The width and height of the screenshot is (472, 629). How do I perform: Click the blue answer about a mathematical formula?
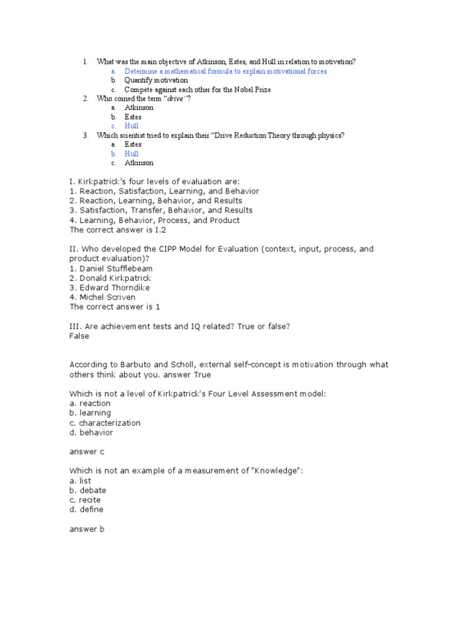(x=225, y=71)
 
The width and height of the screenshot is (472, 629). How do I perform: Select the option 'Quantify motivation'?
(x=156, y=80)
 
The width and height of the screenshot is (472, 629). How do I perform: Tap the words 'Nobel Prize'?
(x=233, y=90)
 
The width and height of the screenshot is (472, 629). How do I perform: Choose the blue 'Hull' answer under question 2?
(x=132, y=126)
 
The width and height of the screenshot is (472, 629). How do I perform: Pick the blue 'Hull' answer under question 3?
(x=132, y=154)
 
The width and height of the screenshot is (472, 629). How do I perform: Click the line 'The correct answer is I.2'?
(x=118, y=230)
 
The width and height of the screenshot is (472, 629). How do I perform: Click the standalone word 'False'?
(x=79, y=336)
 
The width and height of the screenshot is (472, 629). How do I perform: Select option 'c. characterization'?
(x=105, y=423)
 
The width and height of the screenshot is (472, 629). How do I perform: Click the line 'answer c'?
(x=87, y=451)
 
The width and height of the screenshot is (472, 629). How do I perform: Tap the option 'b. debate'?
(x=88, y=490)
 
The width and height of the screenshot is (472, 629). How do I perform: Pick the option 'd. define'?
(x=87, y=509)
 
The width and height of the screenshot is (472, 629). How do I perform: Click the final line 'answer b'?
(x=87, y=529)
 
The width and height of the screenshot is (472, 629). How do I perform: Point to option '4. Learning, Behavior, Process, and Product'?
(x=154, y=220)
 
